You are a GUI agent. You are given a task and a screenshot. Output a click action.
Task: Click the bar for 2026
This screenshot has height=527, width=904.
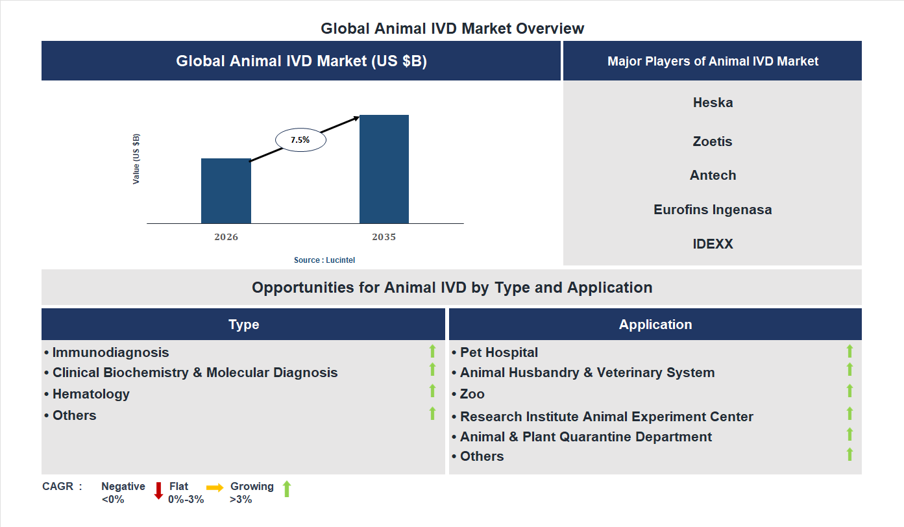(x=226, y=191)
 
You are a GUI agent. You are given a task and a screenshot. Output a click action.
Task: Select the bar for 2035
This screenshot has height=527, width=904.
(x=384, y=169)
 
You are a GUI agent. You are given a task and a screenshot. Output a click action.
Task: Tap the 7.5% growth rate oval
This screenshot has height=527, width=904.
(x=300, y=140)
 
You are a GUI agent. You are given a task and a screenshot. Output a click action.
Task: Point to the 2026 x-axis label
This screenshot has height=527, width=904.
(x=226, y=237)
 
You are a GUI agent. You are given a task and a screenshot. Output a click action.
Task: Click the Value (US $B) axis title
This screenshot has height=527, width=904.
(x=136, y=159)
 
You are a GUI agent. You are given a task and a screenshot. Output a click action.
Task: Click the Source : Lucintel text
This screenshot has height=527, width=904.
(x=324, y=260)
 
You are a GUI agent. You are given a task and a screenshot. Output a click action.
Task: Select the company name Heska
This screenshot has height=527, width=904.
(x=713, y=103)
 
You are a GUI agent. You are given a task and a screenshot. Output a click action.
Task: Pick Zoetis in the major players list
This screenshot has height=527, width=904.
(x=713, y=141)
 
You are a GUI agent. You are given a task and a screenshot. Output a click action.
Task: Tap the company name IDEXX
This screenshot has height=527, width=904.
(x=713, y=244)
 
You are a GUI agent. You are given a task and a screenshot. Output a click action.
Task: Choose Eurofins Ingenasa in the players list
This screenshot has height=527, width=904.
(x=713, y=210)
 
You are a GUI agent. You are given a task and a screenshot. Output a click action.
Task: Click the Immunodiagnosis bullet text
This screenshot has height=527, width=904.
(x=110, y=352)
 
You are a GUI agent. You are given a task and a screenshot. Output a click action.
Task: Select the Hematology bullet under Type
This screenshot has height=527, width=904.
(x=91, y=394)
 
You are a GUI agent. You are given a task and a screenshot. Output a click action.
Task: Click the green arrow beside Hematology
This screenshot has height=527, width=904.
(x=432, y=391)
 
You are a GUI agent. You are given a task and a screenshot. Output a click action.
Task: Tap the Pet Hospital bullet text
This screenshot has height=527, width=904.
(x=498, y=352)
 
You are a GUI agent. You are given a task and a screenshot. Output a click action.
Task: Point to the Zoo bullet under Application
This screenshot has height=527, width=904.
(x=472, y=394)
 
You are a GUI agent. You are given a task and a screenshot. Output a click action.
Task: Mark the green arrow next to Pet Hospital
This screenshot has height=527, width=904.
(x=849, y=351)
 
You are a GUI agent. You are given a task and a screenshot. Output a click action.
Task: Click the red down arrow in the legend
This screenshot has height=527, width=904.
(x=158, y=491)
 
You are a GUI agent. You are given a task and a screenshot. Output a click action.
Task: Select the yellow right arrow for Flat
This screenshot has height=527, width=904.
(x=215, y=487)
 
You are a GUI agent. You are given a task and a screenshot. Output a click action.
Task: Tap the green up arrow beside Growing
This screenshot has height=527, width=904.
(x=287, y=489)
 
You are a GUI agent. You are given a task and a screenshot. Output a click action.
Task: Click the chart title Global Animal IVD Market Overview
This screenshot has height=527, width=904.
(x=452, y=29)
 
